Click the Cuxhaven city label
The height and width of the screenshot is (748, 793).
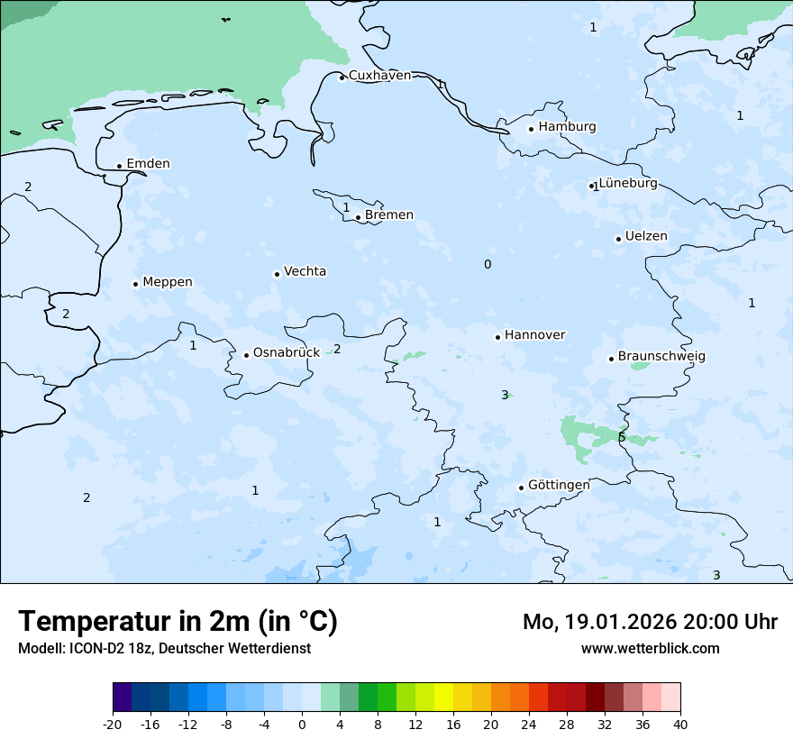pos(379,76)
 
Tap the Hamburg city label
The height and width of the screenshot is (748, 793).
pos(567,127)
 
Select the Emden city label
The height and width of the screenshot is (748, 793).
pos(148,164)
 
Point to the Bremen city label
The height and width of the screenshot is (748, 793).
pos(388,215)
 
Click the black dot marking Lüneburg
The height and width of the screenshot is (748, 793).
pos(592,187)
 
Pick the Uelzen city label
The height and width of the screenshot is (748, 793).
pos(646,237)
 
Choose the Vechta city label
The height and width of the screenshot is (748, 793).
pos(305,271)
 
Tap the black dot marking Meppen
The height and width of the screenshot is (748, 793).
pos(135,284)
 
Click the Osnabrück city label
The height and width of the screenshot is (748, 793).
pos(286,353)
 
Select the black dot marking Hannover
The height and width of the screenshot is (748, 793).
pos(497,337)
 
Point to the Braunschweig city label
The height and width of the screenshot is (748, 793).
pos(661,357)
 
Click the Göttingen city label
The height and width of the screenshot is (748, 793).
pos(559,486)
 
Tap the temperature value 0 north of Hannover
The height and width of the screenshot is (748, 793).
pos(488,265)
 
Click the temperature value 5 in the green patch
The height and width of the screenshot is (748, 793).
pos(622,438)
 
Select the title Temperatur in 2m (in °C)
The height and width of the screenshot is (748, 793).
pos(178,622)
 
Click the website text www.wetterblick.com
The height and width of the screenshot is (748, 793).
pos(650,649)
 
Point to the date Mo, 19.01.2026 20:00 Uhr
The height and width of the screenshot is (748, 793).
pos(650,622)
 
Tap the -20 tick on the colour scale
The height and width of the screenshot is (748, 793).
pos(113,725)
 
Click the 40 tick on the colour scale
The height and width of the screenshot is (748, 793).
pos(680,725)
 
